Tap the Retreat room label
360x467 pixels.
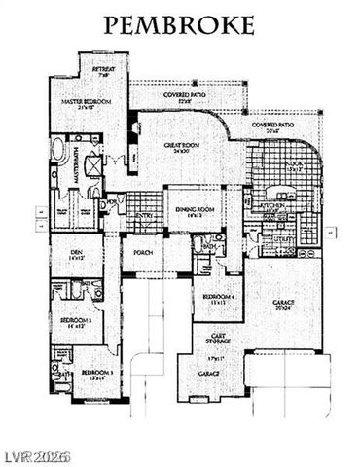point(104,70)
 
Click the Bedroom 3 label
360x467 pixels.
point(95,372)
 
